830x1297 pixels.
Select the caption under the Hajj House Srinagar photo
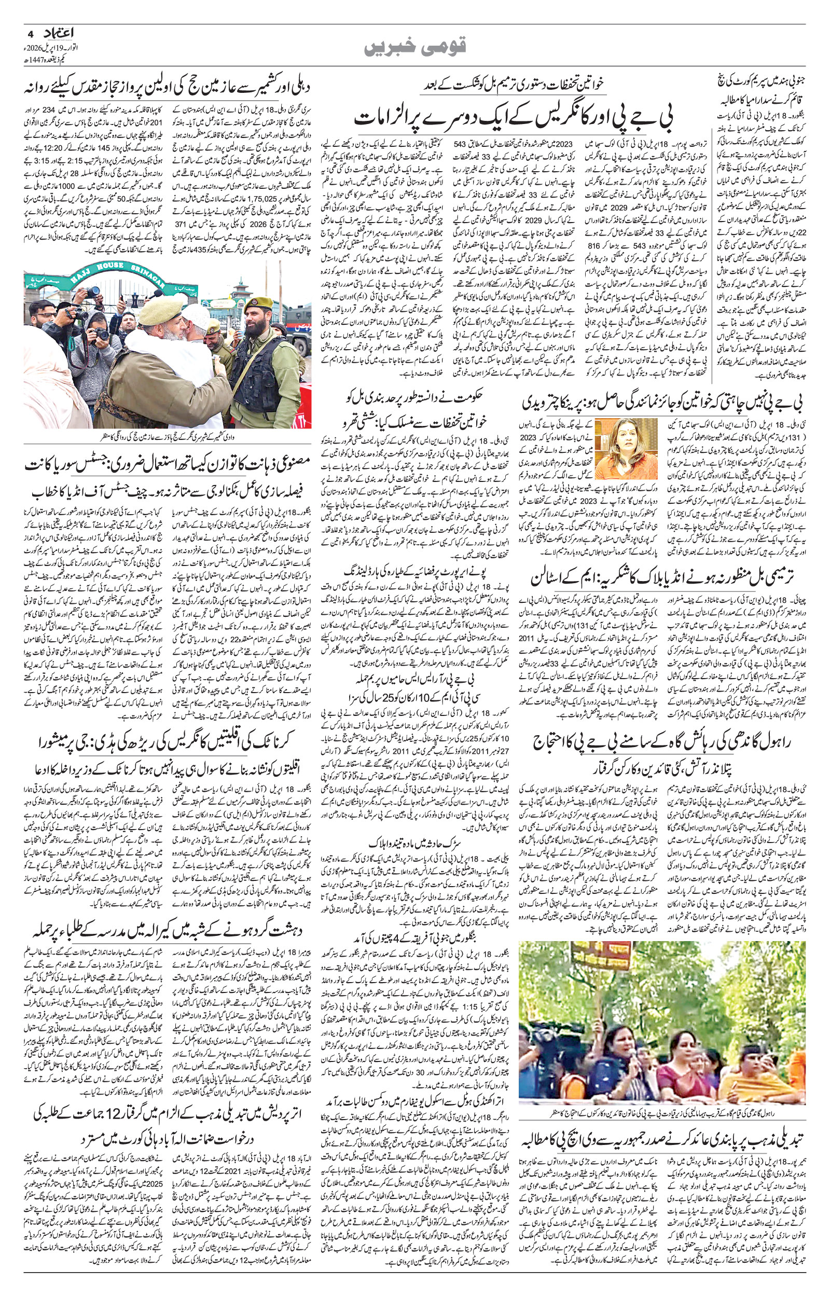pos(168,436)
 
